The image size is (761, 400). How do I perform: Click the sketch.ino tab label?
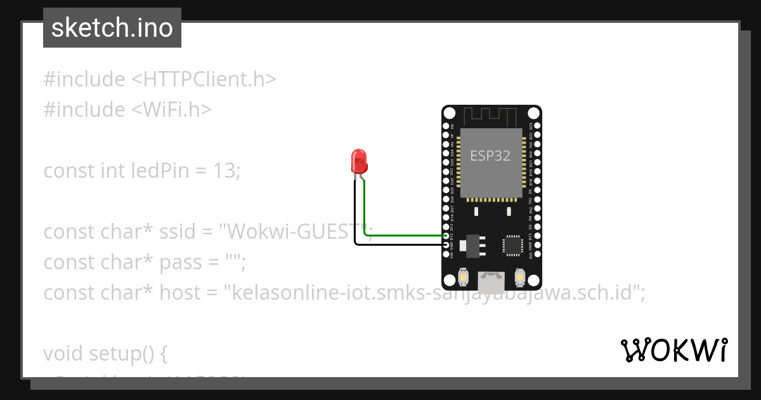tap(112, 28)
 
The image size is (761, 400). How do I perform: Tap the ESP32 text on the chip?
tap(490, 156)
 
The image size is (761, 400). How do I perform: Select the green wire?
tap(406, 236)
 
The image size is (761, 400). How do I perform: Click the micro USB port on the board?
tap(491, 278)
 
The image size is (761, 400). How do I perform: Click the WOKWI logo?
tap(673, 350)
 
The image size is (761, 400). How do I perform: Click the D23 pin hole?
tap(537, 126)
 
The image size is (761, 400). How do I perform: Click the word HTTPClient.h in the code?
tap(210, 79)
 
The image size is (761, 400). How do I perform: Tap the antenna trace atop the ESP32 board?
tap(491, 117)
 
